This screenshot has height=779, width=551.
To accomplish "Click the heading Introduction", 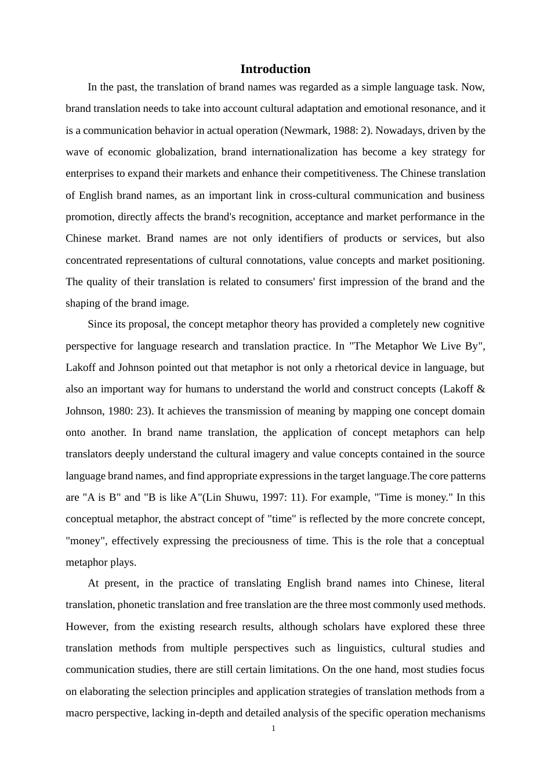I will (x=275, y=69).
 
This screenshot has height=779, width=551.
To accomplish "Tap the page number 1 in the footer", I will (x=273, y=728).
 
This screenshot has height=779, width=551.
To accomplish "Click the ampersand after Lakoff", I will (x=480, y=389).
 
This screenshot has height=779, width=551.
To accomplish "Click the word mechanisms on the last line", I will (x=458, y=713).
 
